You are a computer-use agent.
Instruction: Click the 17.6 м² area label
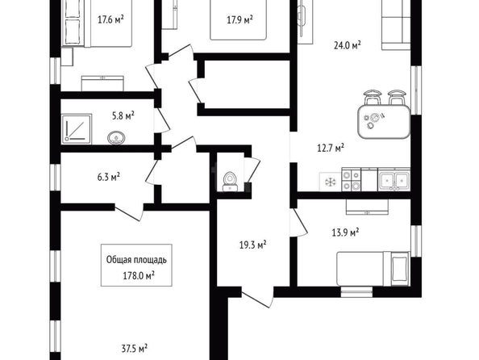110,20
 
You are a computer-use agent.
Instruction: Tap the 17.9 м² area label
240,20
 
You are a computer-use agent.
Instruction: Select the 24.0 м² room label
348,45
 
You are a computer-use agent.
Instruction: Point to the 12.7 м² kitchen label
331,148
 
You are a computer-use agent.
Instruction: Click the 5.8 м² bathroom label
123,116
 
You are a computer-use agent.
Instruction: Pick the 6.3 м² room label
108,177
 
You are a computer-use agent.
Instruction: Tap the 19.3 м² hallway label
252,245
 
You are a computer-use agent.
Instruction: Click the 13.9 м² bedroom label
345,232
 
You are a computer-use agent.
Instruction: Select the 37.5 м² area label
135,349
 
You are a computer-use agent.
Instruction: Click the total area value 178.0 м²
139,275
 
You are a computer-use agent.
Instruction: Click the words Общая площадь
136,260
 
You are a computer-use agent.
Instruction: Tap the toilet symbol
230,182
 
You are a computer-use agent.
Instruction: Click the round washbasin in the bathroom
116,138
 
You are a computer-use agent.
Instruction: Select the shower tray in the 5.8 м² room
77,129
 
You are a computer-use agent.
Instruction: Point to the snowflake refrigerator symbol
331,182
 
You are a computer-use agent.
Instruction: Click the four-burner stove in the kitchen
351,180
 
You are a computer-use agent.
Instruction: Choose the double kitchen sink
394,180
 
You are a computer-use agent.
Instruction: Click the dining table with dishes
384,121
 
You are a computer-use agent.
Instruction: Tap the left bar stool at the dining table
373,97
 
